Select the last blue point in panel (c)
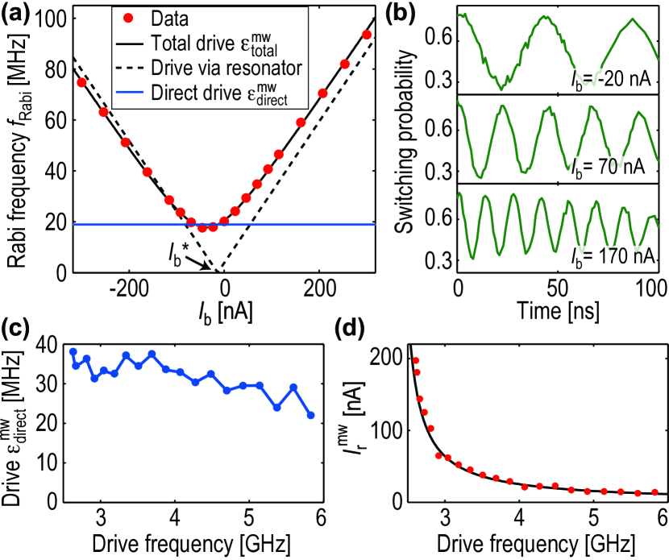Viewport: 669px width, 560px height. pyautogui.click(x=311, y=416)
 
